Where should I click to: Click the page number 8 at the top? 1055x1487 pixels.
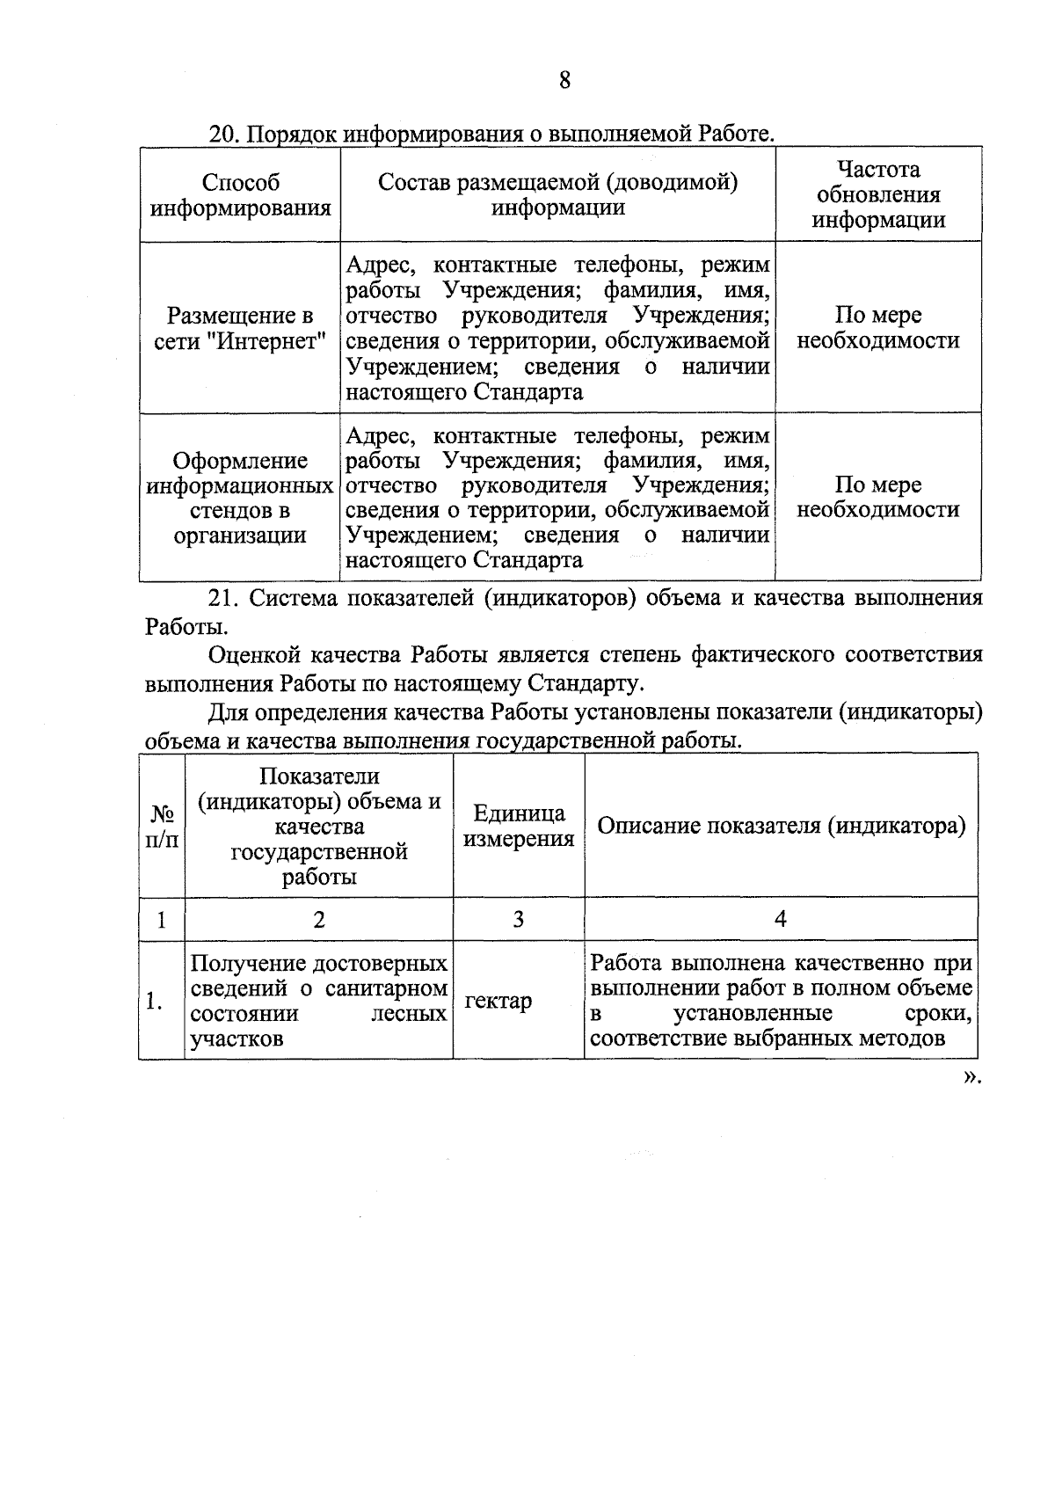(564, 81)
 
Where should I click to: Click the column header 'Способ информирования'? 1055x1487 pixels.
(240, 195)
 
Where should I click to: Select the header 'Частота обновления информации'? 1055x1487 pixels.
(877, 194)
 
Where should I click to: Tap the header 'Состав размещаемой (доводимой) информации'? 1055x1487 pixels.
(557, 194)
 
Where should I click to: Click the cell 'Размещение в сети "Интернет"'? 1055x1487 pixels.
(240, 328)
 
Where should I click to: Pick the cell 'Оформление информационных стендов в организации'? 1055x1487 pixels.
(240, 498)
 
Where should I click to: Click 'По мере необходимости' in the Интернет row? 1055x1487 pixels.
(877, 328)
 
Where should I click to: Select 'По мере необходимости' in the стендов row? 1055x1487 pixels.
(877, 498)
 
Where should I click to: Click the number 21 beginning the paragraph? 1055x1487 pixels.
(223, 599)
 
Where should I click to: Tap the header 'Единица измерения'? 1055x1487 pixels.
(519, 826)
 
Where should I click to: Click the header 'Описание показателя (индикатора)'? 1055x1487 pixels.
(781, 826)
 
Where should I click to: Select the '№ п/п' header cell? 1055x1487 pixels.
(161, 826)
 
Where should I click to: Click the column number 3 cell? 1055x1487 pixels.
(519, 919)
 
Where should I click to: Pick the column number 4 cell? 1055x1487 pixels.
(781, 919)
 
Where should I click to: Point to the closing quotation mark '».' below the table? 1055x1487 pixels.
(971, 1077)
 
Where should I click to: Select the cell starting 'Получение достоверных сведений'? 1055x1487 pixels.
(318, 1001)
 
